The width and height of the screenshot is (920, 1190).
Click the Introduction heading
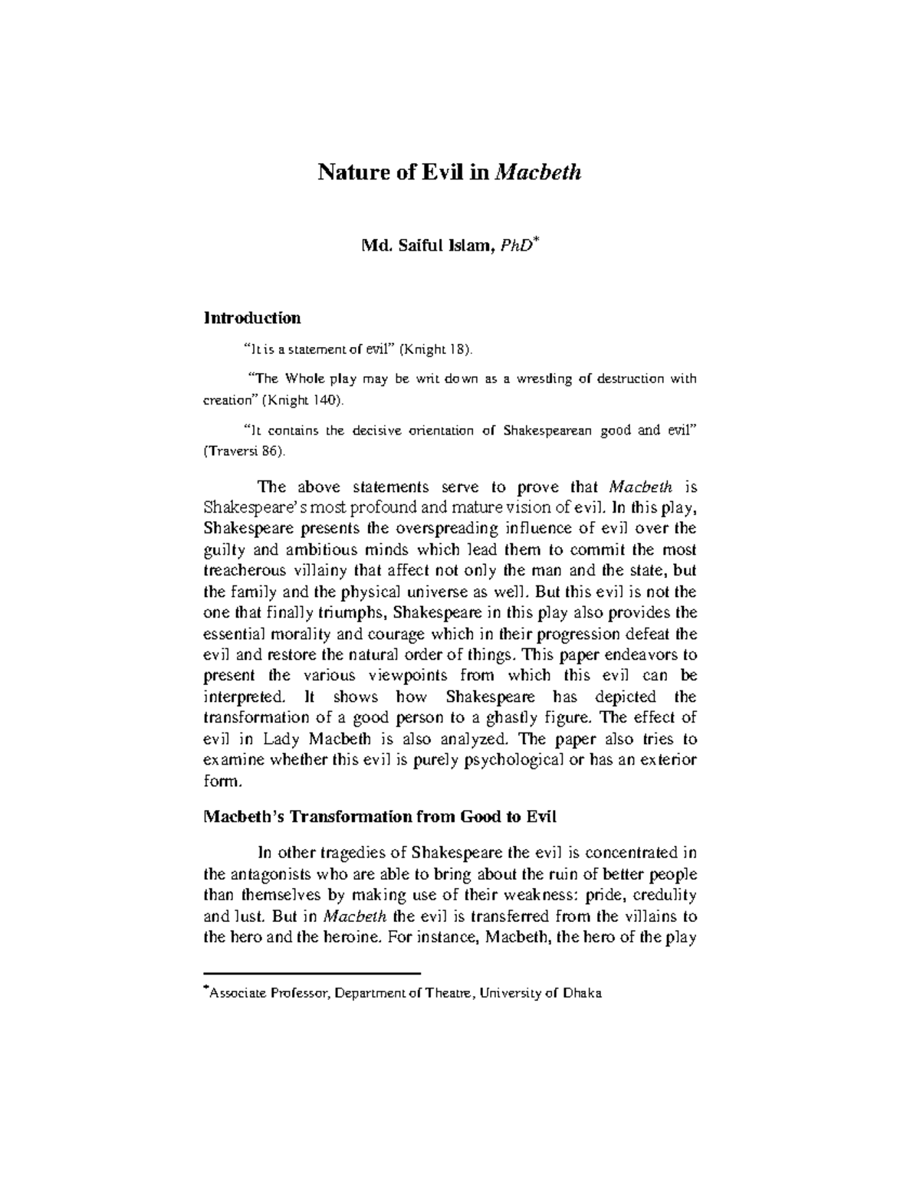[251, 317]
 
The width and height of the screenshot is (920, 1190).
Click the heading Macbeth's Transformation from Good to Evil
[379, 817]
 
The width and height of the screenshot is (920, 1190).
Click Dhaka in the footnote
[583, 994]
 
